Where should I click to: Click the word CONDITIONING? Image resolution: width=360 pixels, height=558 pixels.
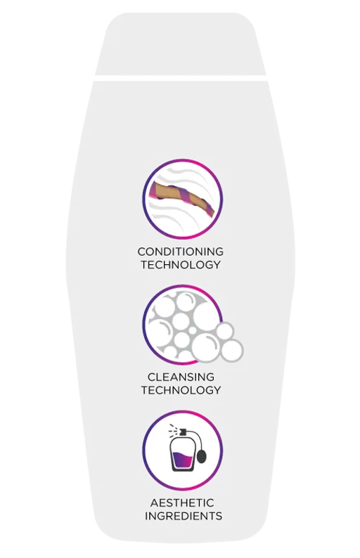coord(181,252)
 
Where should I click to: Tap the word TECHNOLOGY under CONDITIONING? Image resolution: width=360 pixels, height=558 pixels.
coord(181,265)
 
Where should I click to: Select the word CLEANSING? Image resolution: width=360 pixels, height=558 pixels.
coord(181,377)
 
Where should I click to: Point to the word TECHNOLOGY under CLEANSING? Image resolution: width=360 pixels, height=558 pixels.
coord(181,390)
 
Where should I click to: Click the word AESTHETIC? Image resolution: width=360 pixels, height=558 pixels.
coord(182,503)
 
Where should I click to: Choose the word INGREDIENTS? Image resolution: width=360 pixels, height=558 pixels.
coord(184,516)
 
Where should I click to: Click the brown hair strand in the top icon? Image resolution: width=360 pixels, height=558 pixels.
coord(182,198)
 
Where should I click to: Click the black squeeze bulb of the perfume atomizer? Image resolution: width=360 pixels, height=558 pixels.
coord(201,458)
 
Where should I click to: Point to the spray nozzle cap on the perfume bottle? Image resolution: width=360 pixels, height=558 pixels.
coord(183,432)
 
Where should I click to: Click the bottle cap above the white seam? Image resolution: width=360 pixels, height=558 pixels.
coord(181,44)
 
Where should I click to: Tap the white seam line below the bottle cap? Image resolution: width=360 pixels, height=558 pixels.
coord(181,78)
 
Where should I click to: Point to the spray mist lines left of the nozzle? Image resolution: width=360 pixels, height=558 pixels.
coord(173,429)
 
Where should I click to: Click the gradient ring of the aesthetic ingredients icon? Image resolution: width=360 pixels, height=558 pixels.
coord(183,411)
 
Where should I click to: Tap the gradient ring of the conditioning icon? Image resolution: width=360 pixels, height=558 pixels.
coord(183,160)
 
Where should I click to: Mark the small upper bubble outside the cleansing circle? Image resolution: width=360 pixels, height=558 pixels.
coord(224,331)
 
